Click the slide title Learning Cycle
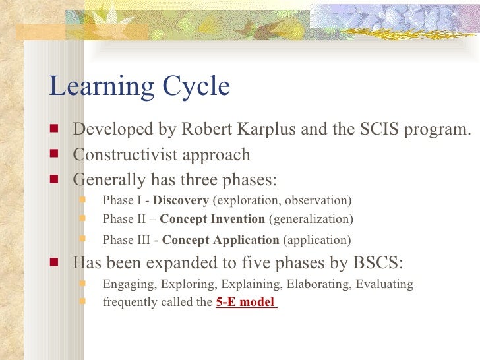[x=140, y=87]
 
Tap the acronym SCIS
[x=363, y=130]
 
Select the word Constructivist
[x=126, y=155]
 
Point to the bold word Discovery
[x=181, y=200]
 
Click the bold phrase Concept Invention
[x=212, y=219]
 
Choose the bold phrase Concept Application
[x=220, y=240]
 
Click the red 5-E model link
[x=245, y=303]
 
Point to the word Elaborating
[x=321, y=285]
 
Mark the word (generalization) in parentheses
[x=311, y=219]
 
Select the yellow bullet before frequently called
[x=83, y=303]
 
